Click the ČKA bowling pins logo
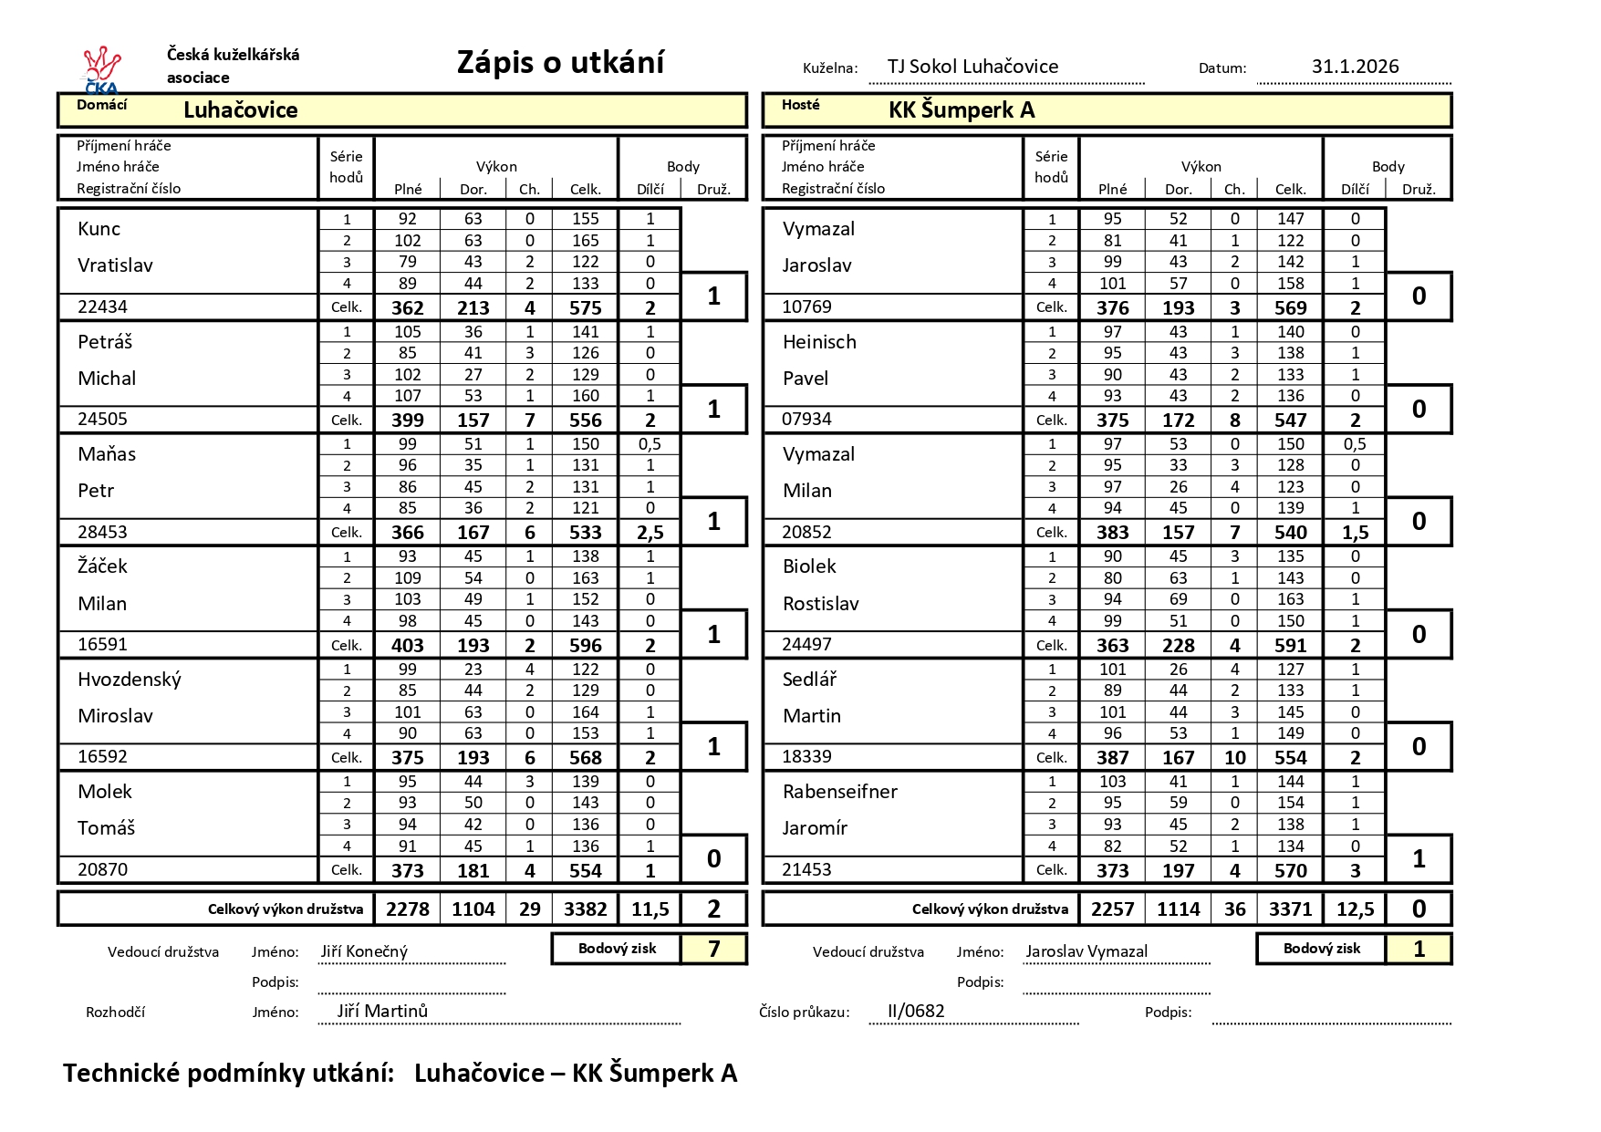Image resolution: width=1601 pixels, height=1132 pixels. [x=101, y=69]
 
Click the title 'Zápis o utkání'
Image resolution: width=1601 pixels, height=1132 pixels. [x=560, y=62]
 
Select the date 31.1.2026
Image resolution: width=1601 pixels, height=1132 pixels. [x=1355, y=67]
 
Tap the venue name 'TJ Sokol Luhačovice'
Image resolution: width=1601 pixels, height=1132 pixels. [x=972, y=67]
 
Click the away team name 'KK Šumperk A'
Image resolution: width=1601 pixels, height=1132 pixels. [x=962, y=110]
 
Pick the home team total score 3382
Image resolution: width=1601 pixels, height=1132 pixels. [x=586, y=909]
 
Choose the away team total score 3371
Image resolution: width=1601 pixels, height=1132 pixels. [x=1290, y=909]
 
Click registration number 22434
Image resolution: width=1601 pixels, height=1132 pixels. [x=102, y=306]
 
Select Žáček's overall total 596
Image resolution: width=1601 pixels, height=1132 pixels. [x=586, y=645]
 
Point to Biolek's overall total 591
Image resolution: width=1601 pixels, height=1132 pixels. [x=1290, y=645]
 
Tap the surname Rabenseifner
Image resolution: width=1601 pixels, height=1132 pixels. [x=839, y=792]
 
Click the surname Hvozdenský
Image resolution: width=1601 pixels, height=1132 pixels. [x=130, y=680]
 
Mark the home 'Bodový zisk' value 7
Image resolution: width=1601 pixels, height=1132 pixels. [x=713, y=950]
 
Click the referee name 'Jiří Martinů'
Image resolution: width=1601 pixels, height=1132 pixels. [x=382, y=1011]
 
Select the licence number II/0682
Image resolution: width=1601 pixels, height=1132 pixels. [x=916, y=1011]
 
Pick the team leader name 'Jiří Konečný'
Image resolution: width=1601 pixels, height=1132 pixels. [x=364, y=951]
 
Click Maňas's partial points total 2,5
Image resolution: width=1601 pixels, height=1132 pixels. [x=650, y=533]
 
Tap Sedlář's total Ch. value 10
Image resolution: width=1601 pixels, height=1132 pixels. [x=1234, y=758]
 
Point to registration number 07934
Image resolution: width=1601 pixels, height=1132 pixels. [x=807, y=420]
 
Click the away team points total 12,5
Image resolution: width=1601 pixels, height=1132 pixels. [x=1355, y=909]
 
